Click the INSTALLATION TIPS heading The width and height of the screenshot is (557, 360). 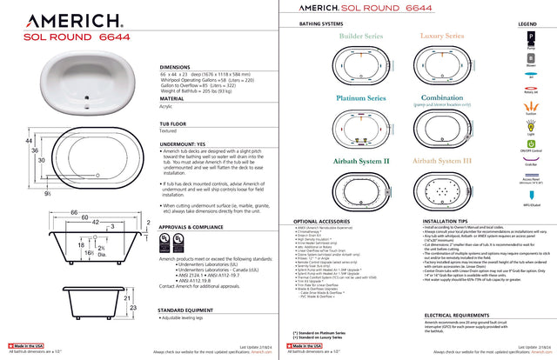[450, 221]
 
